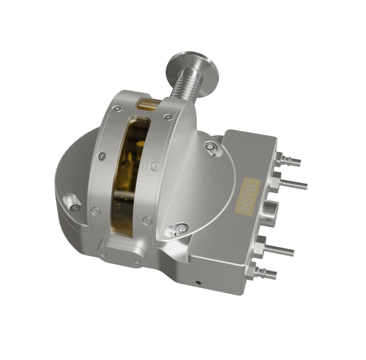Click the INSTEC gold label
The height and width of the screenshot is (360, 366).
click(x=249, y=197)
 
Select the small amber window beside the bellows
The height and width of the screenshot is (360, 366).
click(x=150, y=104)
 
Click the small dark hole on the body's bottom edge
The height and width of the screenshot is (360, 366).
click(x=198, y=282)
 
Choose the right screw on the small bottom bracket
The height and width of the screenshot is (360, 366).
click(x=137, y=261)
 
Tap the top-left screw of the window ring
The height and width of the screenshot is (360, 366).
click(x=117, y=109)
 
